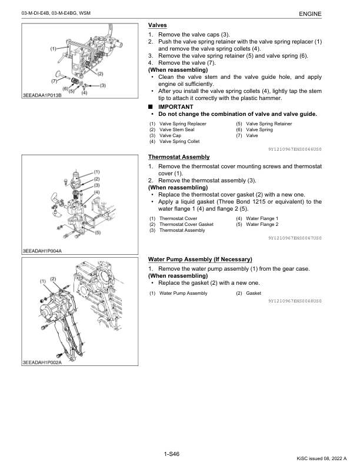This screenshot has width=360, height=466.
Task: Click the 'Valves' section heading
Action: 157,25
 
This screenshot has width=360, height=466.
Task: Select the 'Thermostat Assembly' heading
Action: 178,157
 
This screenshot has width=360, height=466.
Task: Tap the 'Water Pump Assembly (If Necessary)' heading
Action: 200,259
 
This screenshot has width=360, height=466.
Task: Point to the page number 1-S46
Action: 172,454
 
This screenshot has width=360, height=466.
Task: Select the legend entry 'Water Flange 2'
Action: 262,224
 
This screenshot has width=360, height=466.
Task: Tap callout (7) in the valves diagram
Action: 54,80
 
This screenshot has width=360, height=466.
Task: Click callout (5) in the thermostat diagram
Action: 98,232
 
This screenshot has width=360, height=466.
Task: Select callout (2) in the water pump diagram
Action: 53,278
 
